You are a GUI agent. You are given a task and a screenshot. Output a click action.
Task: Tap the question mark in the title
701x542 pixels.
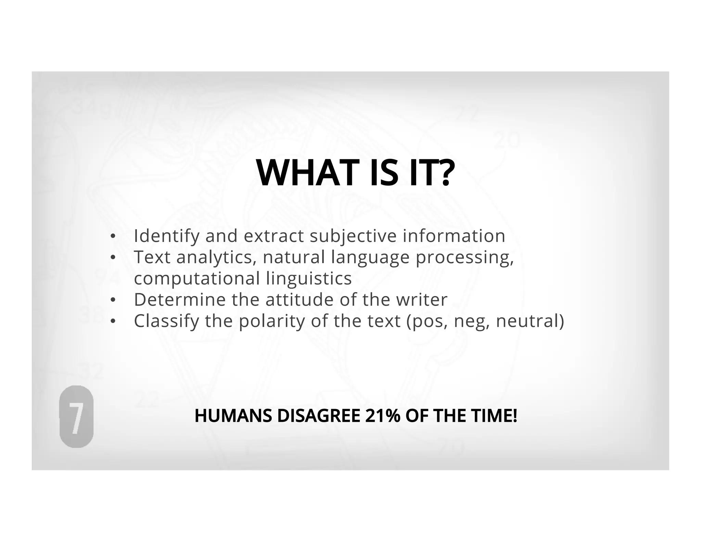(x=445, y=173)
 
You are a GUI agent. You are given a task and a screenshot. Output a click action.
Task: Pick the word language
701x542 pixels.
(x=370, y=258)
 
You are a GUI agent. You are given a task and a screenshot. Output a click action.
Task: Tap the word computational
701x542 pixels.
(x=197, y=278)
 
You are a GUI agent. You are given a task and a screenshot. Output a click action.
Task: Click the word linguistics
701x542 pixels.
(x=309, y=278)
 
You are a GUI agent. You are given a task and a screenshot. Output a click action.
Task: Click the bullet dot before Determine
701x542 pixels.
(x=113, y=300)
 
